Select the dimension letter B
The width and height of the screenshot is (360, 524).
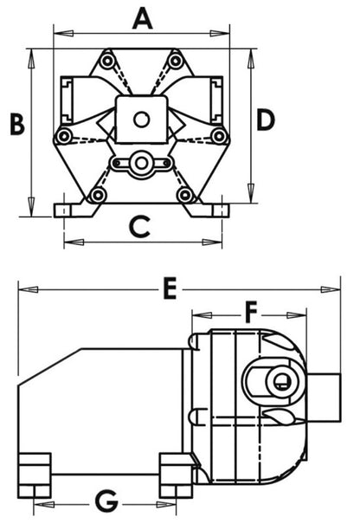pos(16,124)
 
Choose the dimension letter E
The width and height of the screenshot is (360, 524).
pos(170,288)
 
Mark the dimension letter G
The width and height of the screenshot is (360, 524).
pos(105,500)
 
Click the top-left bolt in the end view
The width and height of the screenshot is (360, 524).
pos(106,61)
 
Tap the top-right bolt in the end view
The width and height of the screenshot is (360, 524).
pos(176,61)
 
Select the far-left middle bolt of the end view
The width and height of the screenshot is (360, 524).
pos(62,137)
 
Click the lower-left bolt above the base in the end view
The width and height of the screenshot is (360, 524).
pos(97,195)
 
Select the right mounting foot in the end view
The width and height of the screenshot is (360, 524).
pos(213,210)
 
